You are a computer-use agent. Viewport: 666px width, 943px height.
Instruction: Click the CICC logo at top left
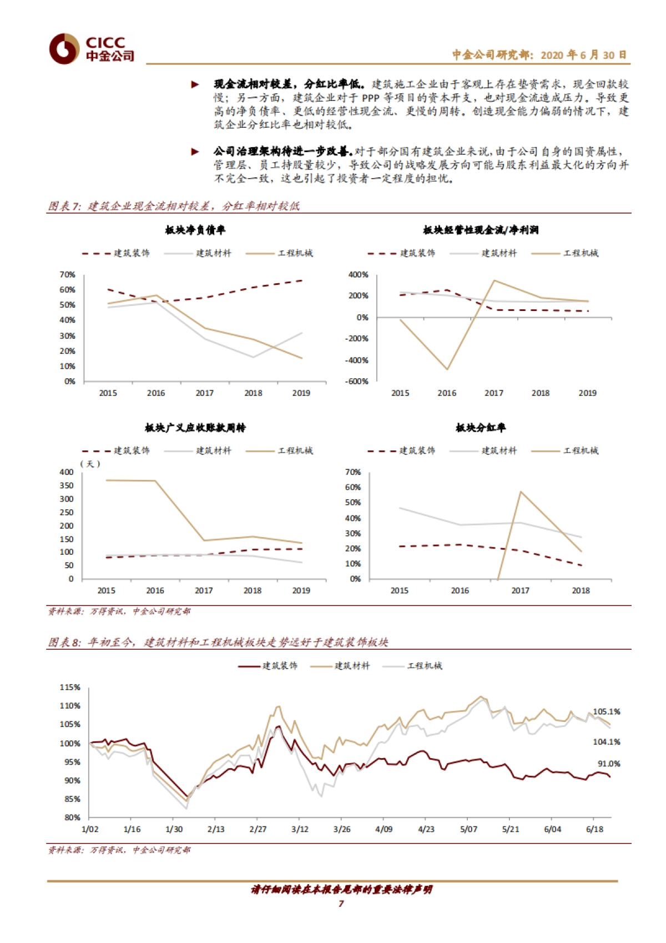pyautogui.click(x=92, y=48)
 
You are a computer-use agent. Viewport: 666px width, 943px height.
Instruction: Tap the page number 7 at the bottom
pyautogui.click(x=341, y=904)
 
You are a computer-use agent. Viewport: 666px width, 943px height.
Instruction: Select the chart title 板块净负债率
pyautogui.click(x=195, y=230)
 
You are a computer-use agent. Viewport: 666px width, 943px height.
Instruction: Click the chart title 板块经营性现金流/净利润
pyautogui.click(x=481, y=230)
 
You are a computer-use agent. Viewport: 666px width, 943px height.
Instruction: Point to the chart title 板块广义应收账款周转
pyautogui.click(x=195, y=428)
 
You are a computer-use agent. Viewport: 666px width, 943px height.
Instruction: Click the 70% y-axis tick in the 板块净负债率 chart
pyautogui.click(x=68, y=275)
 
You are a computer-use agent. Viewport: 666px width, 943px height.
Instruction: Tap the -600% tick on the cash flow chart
pyautogui.click(x=358, y=382)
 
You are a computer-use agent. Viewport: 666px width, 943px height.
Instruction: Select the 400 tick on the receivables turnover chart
pyautogui.click(x=67, y=472)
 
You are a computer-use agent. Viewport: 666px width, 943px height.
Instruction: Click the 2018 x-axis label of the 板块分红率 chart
pyautogui.click(x=581, y=591)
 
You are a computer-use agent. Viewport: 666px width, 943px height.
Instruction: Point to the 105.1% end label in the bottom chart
pyautogui.click(x=607, y=711)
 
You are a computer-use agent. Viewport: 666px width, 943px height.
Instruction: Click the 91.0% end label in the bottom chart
pyautogui.click(x=609, y=764)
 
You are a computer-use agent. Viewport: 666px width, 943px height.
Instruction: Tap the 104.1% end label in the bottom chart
pyautogui.click(x=607, y=742)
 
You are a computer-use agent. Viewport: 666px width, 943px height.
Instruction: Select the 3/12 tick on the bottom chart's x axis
pyautogui.click(x=300, y=829)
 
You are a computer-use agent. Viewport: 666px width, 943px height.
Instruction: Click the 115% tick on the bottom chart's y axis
pyautogui.click(x=70, y=688)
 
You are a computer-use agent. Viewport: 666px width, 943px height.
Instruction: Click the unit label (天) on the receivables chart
pyautogui.click(x=90, y=464)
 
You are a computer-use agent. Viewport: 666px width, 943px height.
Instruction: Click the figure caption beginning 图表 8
pyautogui.click(x=218, y=643)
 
